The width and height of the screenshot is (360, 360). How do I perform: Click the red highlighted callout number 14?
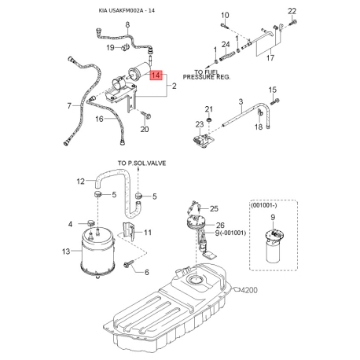[156, 75]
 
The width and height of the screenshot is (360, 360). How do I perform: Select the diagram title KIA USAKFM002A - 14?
[127, 11]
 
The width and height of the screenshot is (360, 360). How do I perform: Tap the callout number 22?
[292, 11]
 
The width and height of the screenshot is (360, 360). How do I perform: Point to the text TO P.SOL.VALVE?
[141, 163]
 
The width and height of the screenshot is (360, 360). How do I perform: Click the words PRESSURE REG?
[207, 77]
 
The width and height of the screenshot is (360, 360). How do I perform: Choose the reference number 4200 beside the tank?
[249, 290]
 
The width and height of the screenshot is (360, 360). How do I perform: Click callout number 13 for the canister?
[66, 252]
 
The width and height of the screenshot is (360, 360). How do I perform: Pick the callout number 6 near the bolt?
[147, 272]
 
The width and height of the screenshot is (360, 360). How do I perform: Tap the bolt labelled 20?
[146, 115]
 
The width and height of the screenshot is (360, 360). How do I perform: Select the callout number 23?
[200, 124]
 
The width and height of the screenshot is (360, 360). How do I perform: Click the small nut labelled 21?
[209, 120]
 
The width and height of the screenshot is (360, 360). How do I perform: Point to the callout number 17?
[270, 57]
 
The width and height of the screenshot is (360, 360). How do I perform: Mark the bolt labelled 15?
[274, 101]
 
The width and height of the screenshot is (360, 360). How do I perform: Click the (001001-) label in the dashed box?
[263, 206]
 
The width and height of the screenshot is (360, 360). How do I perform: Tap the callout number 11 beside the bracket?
[148, 233]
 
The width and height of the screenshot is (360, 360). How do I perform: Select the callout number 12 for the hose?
[81, 182]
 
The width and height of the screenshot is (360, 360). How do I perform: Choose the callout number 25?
[214, 208]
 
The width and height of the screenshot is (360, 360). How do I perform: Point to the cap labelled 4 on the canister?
[90, 223]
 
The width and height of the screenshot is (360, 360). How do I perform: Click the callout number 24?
[226, 45]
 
